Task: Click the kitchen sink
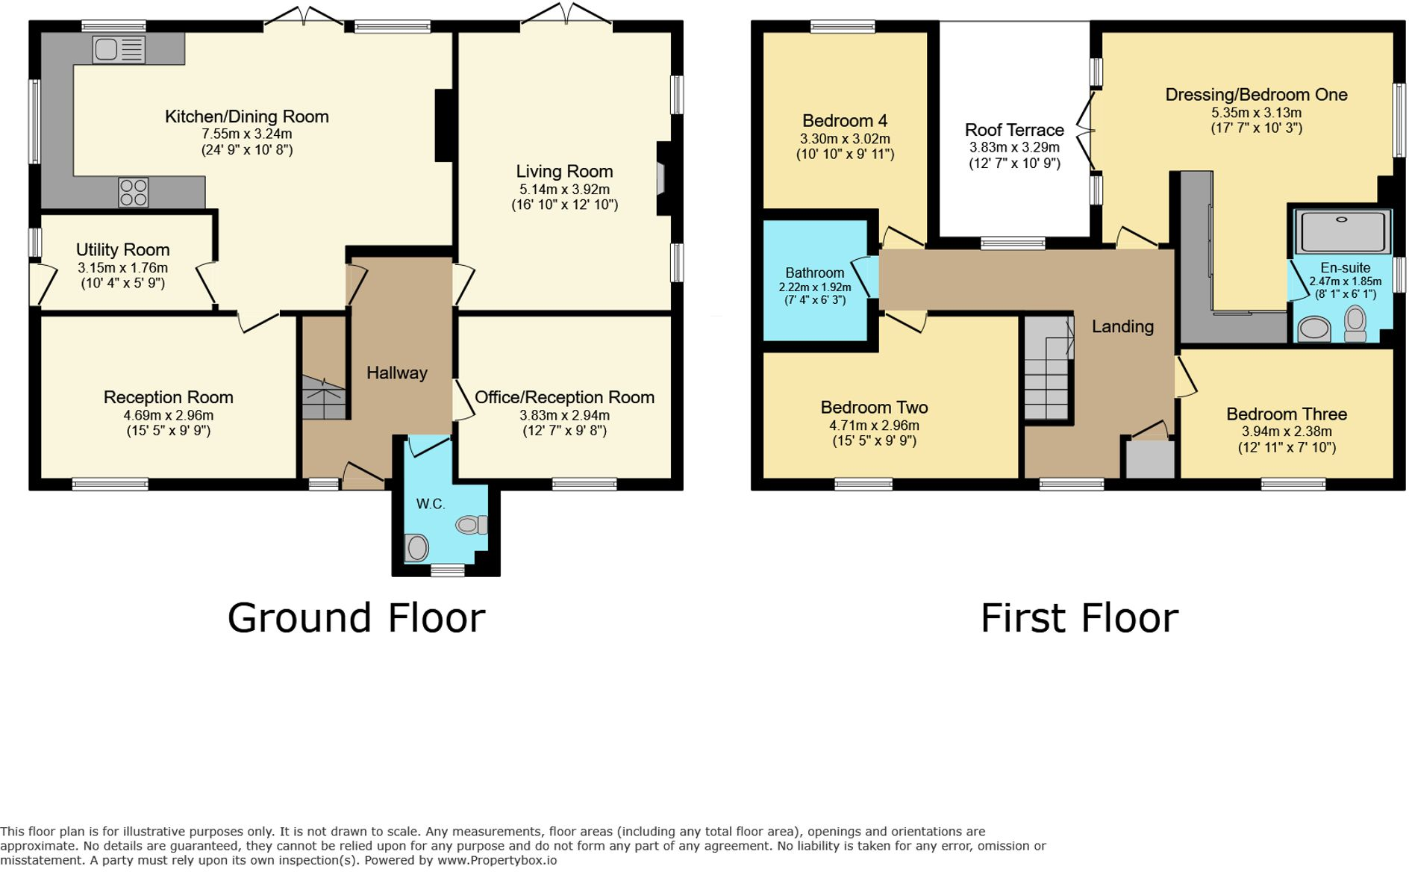click(x=119, y=50)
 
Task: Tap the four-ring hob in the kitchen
click(x=134, y=192)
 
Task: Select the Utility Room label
click(x=122, y=249)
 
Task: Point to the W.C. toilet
click(x=471, y=525)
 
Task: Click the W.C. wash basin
click(x=416, y=547)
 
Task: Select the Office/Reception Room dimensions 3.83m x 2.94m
click(x=564, y=415)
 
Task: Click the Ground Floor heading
click(x=356, y=618)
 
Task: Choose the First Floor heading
click(x=1078, y=618)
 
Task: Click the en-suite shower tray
click(x=1342, y=231)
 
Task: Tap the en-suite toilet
click(x=1355, y=324)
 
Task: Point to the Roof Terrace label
click(x=1013, y=130)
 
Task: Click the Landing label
click(x=1122, y=326)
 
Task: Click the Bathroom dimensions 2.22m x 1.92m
click(x=814, y=287)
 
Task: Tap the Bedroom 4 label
click(x=844, y=121)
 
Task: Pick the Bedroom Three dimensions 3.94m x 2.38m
click(x=1286, y=432)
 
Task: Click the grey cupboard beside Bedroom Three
click(x=1149, y=459)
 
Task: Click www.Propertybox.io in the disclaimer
click(x=496, y=860)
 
